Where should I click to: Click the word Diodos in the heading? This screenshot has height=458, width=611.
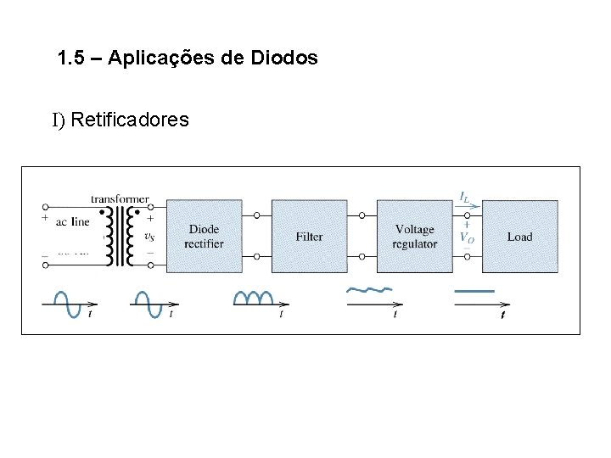tap(284, 59)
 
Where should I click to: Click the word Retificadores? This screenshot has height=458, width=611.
tap(130, 120)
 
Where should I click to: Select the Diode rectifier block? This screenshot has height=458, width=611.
tap(204, 236)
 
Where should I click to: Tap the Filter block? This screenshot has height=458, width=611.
tap(309, 236)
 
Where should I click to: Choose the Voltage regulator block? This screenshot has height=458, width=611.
tap(414, 236)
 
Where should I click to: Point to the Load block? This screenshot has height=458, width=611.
tap(519, 236)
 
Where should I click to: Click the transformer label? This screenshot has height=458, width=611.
tap(120, 198)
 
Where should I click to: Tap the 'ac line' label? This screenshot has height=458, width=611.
tap(72, 222)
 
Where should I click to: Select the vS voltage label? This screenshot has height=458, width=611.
tap(149, 237)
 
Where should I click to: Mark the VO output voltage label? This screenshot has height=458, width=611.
tap(467, 237)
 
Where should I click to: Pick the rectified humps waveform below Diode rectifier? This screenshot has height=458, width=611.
tap(253, 298)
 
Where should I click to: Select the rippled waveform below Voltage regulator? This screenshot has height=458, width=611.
tap(368, 289)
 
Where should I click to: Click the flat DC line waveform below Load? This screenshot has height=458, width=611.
tap(474, 291)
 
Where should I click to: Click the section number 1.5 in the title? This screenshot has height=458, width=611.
tap(70, 59)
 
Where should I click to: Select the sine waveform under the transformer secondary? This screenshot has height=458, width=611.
tap(148, 303)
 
